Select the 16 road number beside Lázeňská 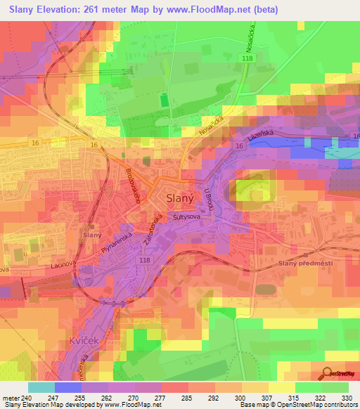tap(240, 145)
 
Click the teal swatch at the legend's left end tap(41, 387)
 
